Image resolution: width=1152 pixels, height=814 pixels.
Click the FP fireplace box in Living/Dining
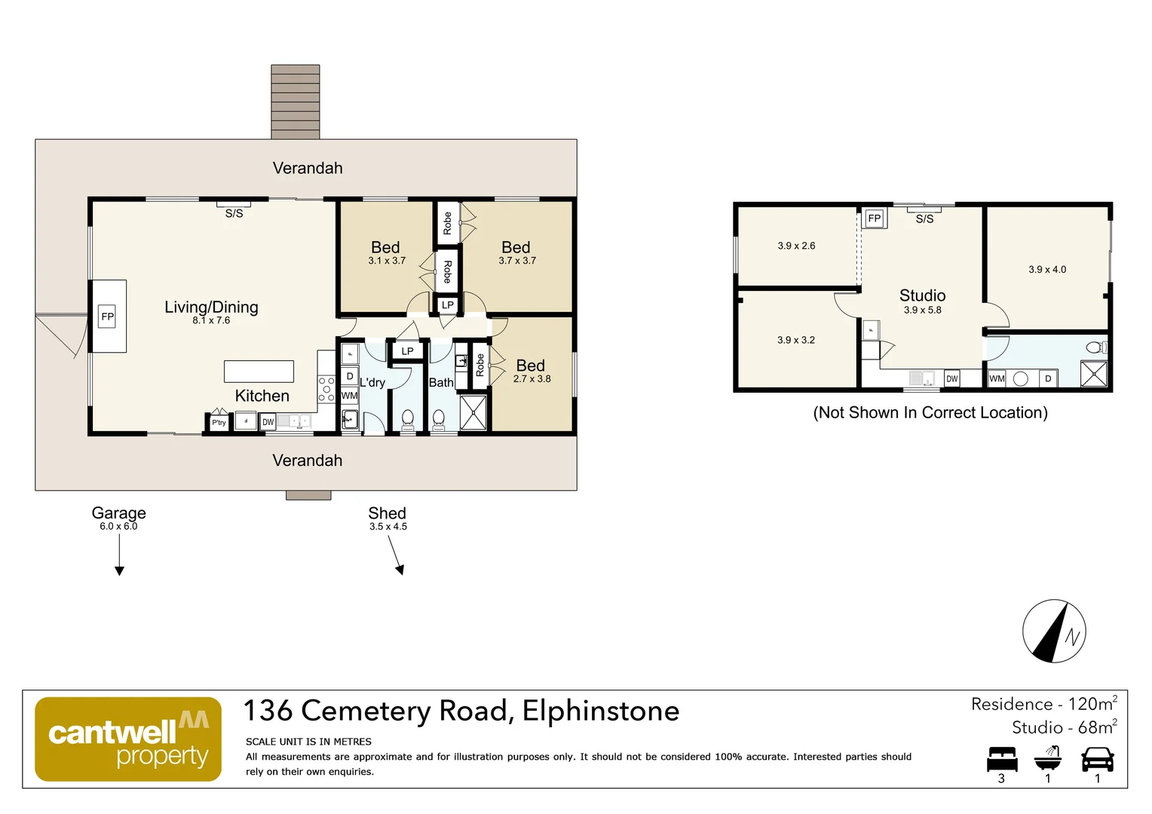108,317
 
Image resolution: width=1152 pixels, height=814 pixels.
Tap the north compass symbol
1054,632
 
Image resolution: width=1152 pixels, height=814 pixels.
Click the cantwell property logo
128,739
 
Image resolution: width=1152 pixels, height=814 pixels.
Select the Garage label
118,513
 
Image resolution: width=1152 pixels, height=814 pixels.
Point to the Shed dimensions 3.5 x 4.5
388,527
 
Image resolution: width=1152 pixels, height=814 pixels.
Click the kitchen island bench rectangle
259,372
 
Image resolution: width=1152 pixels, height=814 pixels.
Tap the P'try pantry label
219,423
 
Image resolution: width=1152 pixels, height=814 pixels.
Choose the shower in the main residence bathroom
473,413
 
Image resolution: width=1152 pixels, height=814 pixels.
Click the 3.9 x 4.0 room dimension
1047,270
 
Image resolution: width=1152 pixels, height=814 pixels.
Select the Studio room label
922,295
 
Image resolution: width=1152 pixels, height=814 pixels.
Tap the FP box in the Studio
874,219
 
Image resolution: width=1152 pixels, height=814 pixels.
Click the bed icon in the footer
1002,759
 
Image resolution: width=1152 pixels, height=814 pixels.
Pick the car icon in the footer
1097,759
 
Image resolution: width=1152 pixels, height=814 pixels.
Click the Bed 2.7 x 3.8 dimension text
532,379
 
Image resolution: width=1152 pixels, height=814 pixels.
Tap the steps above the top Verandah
296,102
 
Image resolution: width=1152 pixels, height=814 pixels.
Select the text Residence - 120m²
1043,705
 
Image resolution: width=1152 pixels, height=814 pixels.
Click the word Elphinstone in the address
600,711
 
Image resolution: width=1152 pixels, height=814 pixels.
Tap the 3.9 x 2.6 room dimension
796,246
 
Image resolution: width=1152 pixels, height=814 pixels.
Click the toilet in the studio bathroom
1095,347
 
